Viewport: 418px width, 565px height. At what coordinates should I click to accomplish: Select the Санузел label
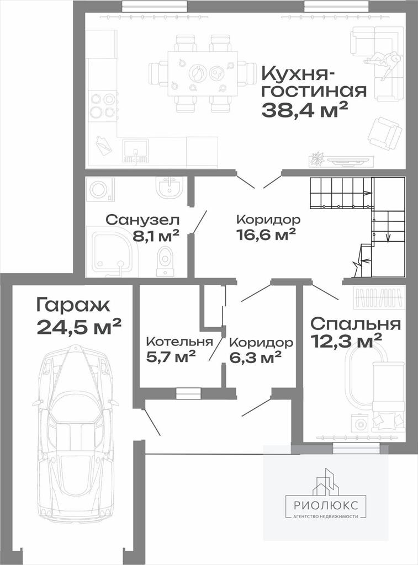tap(143, 220)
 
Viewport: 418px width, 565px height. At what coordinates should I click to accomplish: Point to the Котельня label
tap(179, 341)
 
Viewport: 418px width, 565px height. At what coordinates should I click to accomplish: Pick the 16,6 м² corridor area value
tap(266, 234)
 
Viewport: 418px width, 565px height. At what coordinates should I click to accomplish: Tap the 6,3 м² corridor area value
tap(255, 357)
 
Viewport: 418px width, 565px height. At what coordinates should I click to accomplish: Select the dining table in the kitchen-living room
tap(203, 74)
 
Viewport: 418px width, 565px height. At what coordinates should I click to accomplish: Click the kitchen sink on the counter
tap(135, 151)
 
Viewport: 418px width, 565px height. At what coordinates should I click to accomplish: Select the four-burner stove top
tap(102, 105)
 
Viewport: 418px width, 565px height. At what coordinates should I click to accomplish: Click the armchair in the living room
tap(384, 134)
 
